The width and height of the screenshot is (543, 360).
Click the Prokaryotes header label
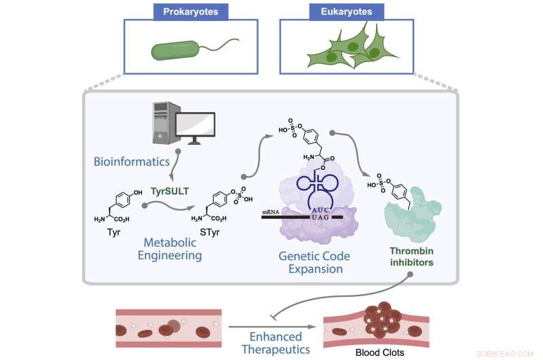(191, 12)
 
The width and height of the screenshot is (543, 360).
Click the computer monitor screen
(195, 126)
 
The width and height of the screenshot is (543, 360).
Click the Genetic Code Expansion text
(311, 262)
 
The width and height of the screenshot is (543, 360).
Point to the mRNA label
(271, 213)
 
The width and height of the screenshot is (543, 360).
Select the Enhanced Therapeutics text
(278, 342)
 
